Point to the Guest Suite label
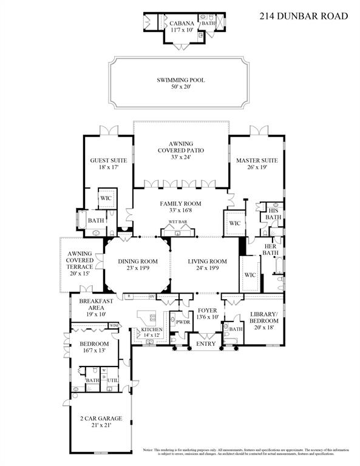(x=109, y=161)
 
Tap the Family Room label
(x=180, y=204)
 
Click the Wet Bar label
(x=177, y=222)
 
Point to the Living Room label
(x=207, y=262)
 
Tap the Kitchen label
(x=151, y=329)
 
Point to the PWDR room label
(x=182, y=322)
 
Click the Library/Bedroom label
(x=265, y=317)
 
